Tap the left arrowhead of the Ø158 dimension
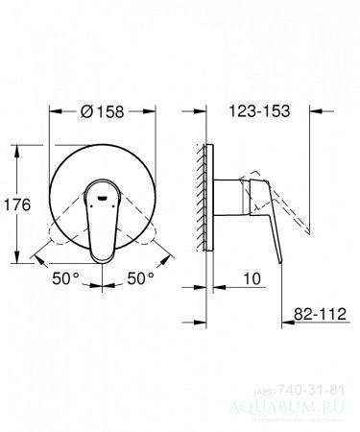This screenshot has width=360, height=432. point(49,111)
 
